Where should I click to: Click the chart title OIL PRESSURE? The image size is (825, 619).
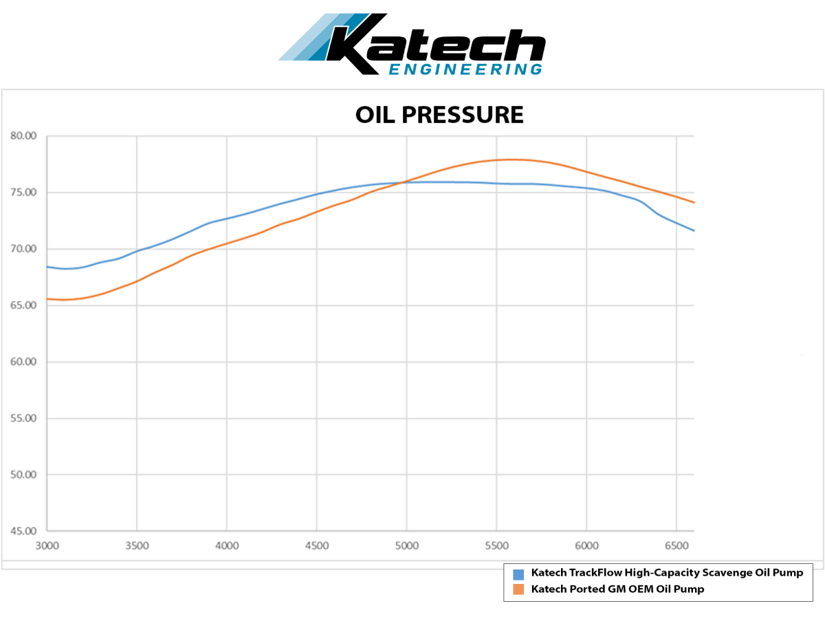[x=439, y=115]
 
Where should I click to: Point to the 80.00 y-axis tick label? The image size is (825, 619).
[x=23, y=136]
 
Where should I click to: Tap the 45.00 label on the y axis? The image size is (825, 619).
[x=23, y=531]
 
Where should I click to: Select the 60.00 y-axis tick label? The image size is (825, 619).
[x=23, y=362]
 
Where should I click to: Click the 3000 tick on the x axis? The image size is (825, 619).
[x=47, y=546]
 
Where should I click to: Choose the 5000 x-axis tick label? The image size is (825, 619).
[x=406, y=546]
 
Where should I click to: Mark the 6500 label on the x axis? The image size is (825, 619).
[x=676, y=546]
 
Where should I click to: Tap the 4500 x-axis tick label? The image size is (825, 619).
[x=316, y=546]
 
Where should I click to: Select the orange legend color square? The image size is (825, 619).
[x=518, y=589]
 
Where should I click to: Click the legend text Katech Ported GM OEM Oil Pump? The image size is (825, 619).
[x=617, y=589]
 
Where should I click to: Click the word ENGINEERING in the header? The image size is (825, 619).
[x=465, y=69]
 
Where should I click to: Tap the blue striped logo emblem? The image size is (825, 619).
[x=323, y=37]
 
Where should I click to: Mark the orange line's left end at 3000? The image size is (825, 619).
[x=47, y=298]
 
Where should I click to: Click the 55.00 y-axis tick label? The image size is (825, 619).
[x=23, y=418]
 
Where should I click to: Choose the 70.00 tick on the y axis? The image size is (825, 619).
[x=23, y=249]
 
